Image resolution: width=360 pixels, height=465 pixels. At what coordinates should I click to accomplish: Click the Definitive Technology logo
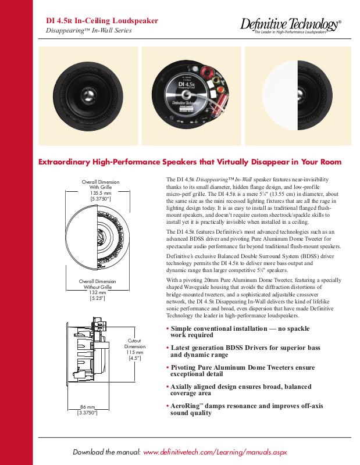tap(290, 25)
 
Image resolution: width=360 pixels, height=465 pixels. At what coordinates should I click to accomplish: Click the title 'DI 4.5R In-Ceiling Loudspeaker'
tap(102, 20)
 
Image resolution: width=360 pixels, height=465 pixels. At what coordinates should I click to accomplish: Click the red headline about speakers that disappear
tap(190, 162)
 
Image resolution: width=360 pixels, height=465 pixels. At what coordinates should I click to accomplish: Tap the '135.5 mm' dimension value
tap(100, 193)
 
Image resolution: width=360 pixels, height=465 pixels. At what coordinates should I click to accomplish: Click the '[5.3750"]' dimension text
tap(100, 199)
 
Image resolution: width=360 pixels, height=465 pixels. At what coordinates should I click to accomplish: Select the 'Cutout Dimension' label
tap(134, 343)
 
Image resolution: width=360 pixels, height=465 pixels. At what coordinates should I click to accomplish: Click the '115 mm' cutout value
tap(134, 352)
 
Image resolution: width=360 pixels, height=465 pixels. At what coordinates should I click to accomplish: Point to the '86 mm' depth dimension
tap(87, 407)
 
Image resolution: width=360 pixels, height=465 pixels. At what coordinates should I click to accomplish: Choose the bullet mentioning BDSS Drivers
tap(244, 351)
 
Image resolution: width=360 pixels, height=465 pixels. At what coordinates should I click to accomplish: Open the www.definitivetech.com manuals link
tap(215, 452)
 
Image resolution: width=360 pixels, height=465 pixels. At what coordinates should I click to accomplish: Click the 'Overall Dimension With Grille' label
tap(100, 185)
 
